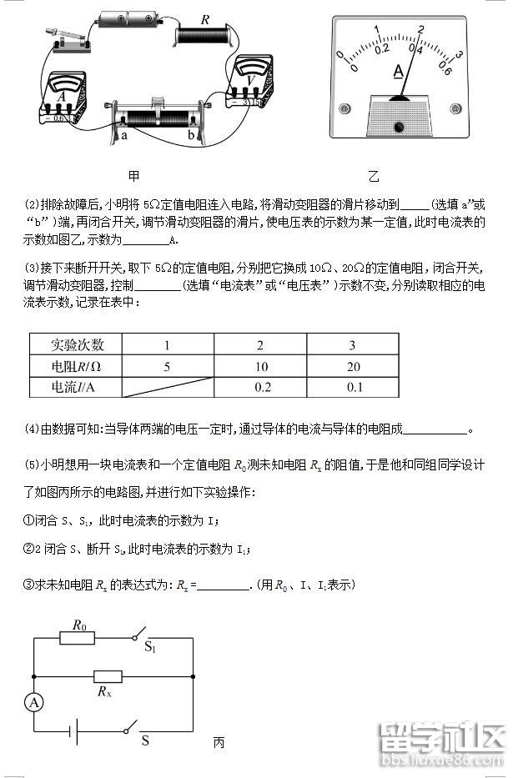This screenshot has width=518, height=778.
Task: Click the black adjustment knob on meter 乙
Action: click(399, 127)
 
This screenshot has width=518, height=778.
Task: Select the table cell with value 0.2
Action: click(260, 387)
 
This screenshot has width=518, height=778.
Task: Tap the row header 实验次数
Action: click(77, 344)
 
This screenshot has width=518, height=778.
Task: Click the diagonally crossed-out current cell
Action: click(168, 387)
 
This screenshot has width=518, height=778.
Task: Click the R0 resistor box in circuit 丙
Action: click(80, 638)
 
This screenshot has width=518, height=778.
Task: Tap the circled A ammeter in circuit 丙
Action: click(34, 703)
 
